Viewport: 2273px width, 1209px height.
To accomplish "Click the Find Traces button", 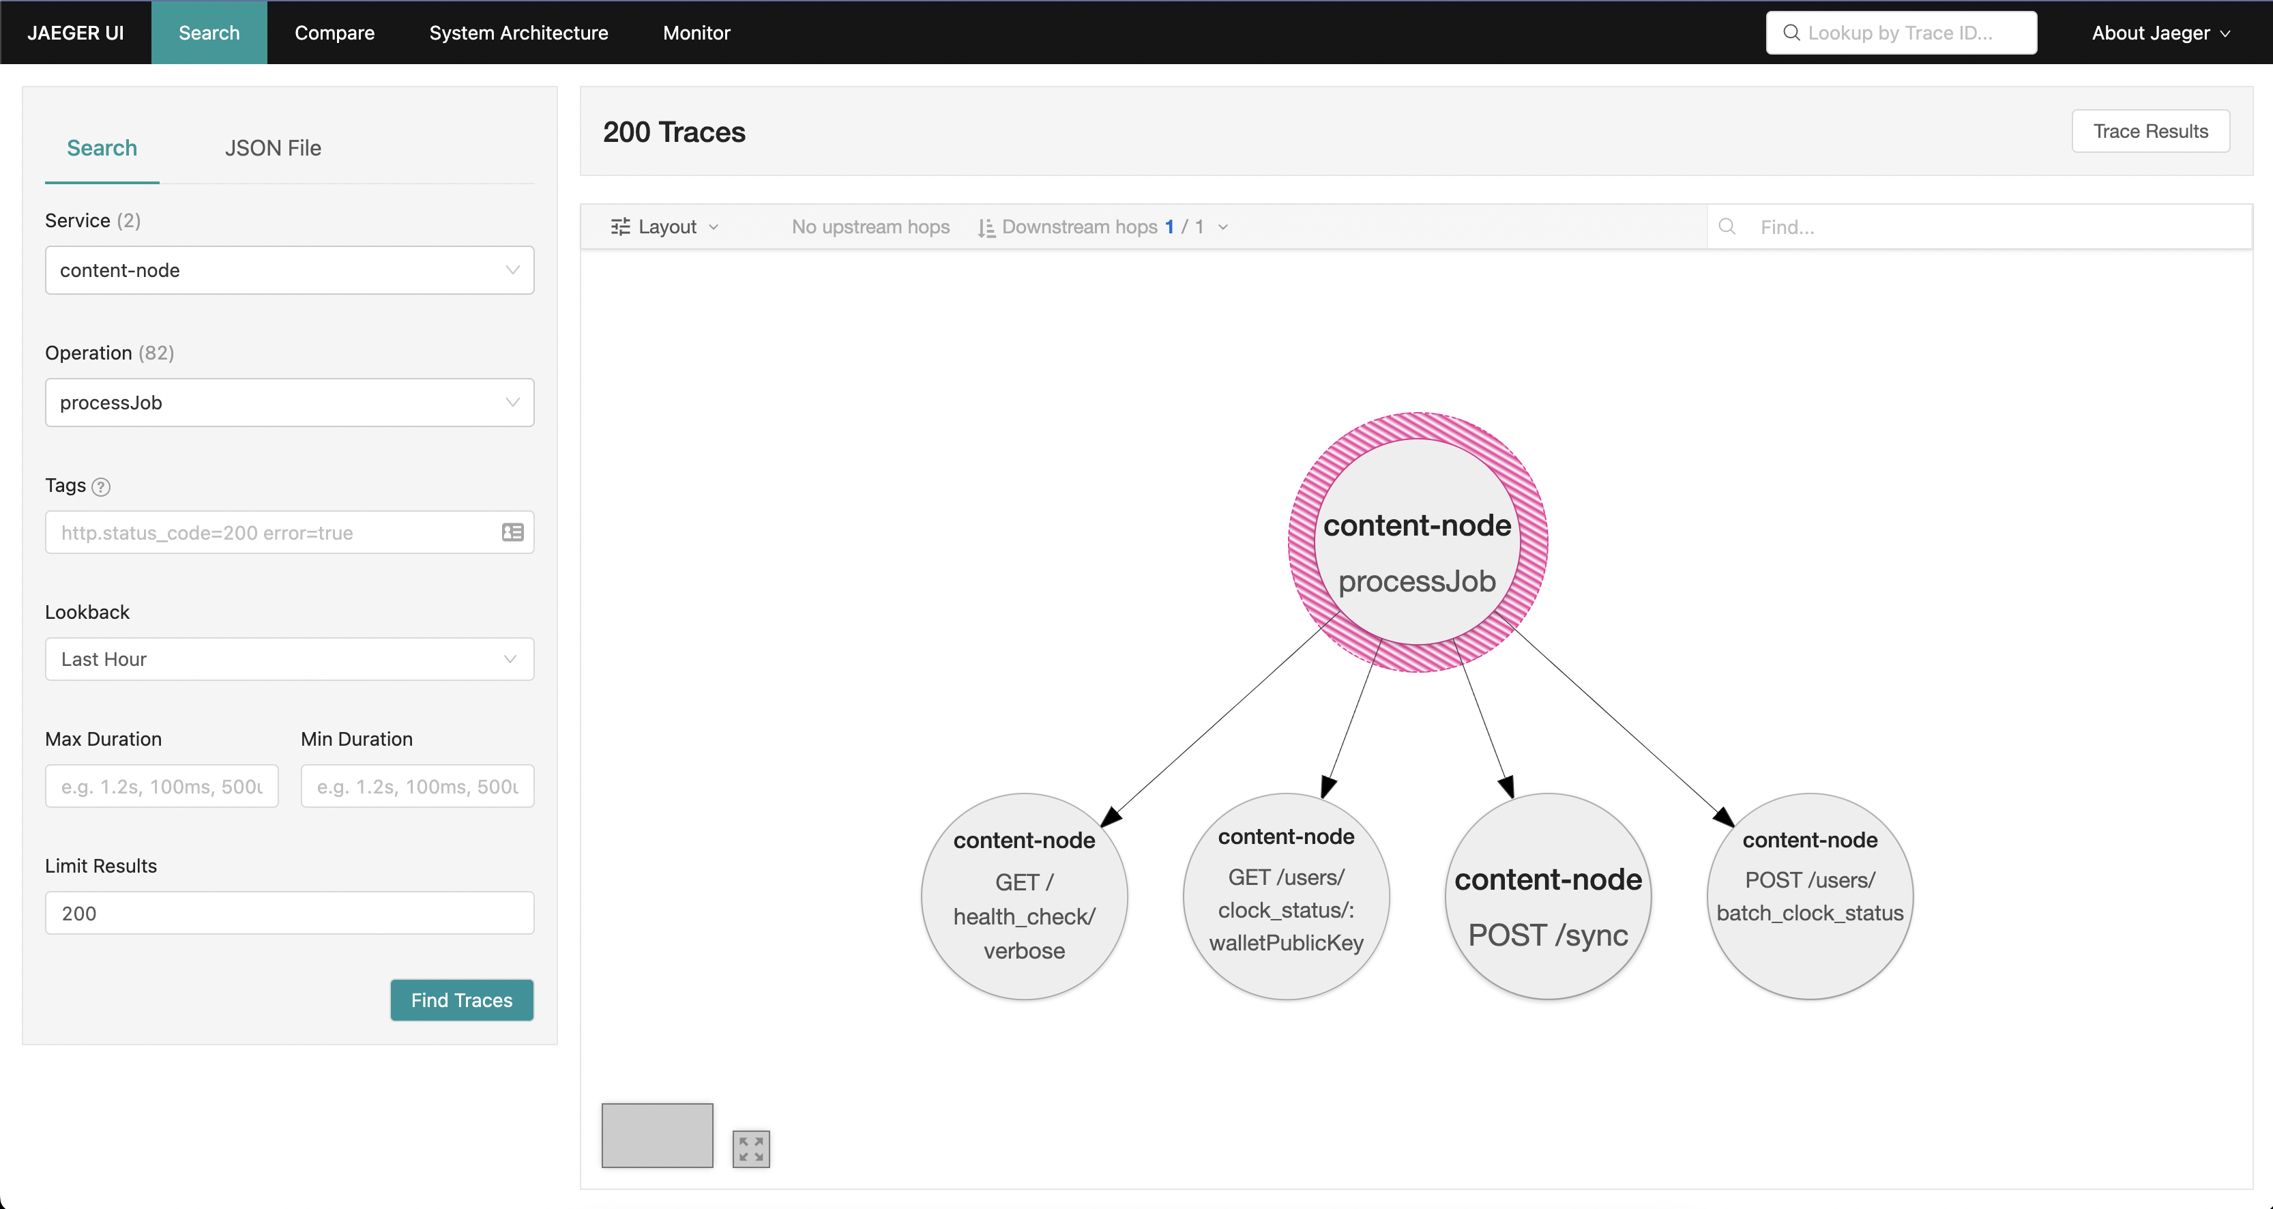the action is tap(461, 1000).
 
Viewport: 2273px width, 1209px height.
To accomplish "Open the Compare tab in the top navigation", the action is tap(334, 33).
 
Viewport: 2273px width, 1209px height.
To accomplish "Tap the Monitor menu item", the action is tap(696, 33).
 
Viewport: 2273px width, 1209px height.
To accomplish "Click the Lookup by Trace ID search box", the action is tap(1901, 33).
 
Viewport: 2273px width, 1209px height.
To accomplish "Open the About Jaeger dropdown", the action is tap(2160, 33).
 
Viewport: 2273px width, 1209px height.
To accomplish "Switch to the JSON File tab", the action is tap(273, 148).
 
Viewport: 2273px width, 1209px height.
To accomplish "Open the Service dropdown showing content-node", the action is tap(289, 270).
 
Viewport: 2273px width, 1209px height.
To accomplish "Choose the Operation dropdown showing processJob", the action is tap(289, 403).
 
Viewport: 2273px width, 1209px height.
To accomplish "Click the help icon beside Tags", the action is tap(102, 487).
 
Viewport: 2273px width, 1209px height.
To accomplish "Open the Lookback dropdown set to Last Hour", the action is tap(289, 659).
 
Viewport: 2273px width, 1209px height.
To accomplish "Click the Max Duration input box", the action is tap(162, 786).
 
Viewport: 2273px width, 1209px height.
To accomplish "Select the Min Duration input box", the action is tap(417, 786).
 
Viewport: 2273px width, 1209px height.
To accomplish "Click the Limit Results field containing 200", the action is tap(289, 914).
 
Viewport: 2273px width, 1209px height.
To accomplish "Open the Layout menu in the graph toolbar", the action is tap(665, 227).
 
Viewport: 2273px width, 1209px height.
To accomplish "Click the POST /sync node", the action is tap(1548, 897).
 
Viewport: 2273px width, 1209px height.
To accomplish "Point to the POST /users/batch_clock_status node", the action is tap(1810, 897).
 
